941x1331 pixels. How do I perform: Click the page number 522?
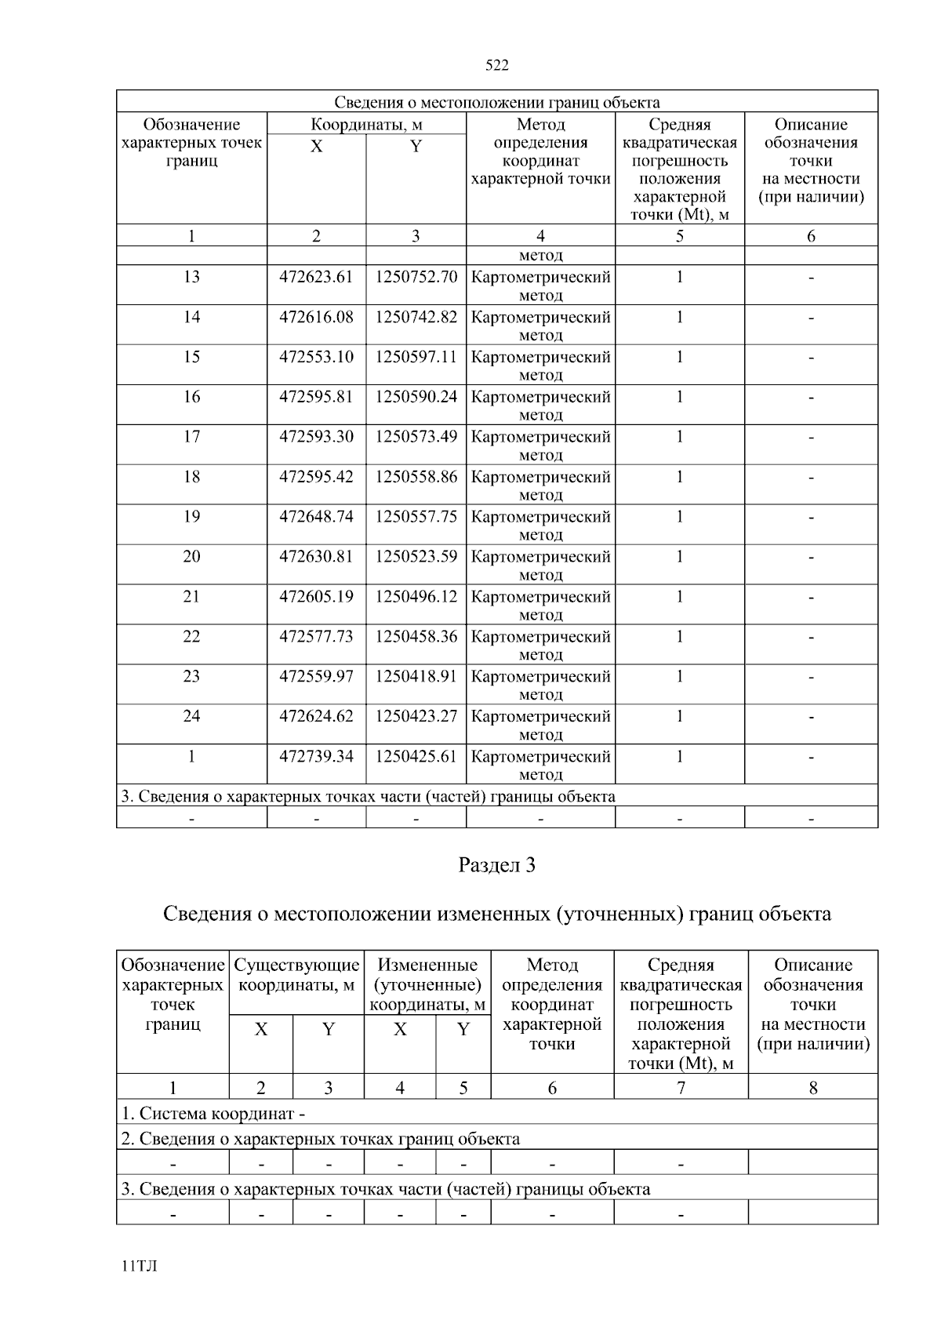(496, 66)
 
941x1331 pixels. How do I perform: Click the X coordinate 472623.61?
(316, 277)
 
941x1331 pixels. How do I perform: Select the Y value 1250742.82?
(416, 317)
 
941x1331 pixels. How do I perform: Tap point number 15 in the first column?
(191, 357)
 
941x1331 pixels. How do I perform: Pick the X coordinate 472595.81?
(316, 397)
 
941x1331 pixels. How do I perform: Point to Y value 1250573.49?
(416, 437)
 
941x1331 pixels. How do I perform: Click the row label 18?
(191, 477)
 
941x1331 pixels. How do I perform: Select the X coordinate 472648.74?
(316, 517)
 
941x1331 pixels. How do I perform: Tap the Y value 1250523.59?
(416, 557)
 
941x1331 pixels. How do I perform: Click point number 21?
(191, 597)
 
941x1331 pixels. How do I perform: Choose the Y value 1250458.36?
(416, 637)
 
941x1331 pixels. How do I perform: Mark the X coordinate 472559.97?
(316, 677)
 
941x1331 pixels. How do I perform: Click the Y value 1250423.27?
(416, 717)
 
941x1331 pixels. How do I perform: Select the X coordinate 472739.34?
(316, 757)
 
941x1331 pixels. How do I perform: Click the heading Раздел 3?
(496, 866)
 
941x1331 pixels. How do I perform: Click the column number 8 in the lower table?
(812, 1088)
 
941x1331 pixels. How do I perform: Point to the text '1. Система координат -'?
(213, 1114)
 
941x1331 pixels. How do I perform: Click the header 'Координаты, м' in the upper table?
(366, 125)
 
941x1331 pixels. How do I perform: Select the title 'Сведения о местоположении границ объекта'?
(496, 103)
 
